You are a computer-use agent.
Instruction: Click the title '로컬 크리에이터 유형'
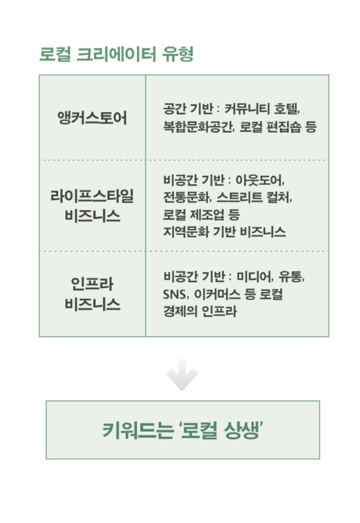pos(116,55)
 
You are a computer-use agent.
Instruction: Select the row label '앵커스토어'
pos(92,119)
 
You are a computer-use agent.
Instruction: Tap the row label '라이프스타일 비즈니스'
pos(92,206)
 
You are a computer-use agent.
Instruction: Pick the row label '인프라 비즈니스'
pos(92,293)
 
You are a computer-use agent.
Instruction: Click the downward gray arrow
pos(182,374)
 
